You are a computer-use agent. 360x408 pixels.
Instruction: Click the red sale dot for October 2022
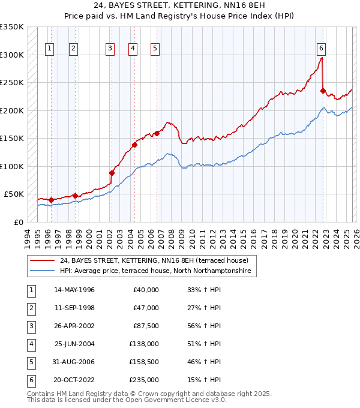[x=323, y=91]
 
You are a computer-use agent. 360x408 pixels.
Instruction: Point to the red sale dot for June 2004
[x=135, y=145]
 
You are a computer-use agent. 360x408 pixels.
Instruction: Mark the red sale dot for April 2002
[x=112, y=173]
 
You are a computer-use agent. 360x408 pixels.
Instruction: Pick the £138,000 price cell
[x=145, y=344]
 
